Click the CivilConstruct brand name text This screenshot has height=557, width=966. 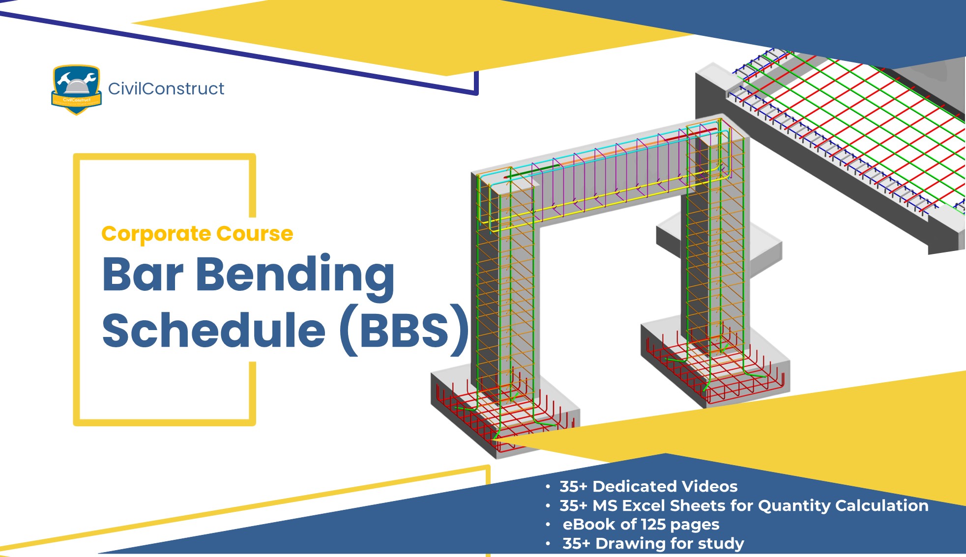tap(166, 89)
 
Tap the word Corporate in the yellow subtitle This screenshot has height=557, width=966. tap(156, 234)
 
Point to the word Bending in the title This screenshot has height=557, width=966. tap(295, 275)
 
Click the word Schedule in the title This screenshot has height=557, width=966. tap(214, 330)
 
